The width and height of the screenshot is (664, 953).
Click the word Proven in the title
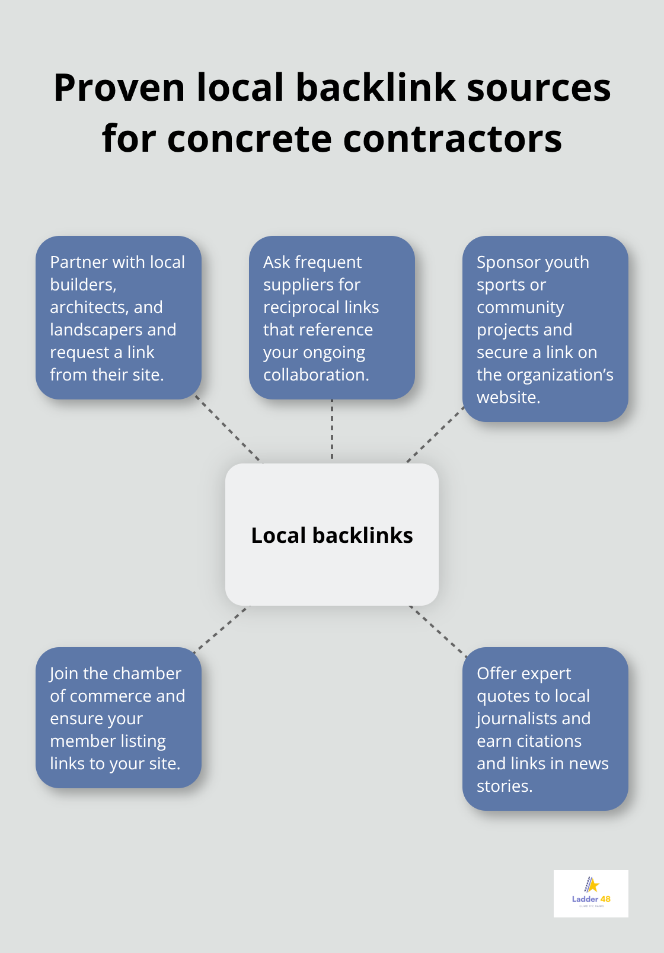coord(119,88)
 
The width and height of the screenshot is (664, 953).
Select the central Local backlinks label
coord(332,535)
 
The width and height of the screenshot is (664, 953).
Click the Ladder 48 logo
coord(590,893)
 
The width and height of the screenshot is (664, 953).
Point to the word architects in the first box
coord(89,307)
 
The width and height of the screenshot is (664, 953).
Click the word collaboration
coord(315,375)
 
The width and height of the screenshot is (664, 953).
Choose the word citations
coord(549,741)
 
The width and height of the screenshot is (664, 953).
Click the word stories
coord(504,786)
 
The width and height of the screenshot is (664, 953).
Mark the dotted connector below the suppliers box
coord(332,430)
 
